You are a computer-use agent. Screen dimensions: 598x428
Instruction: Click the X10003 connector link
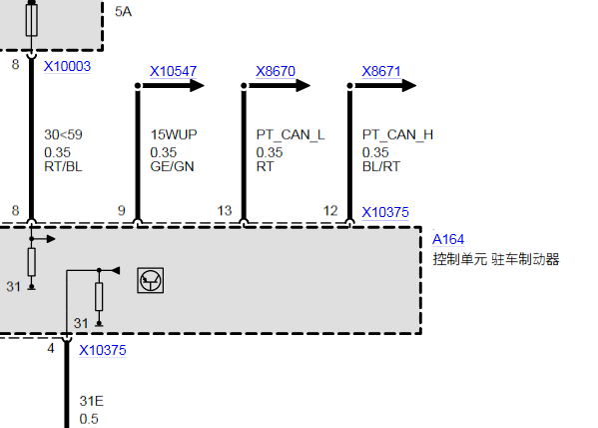(67, 66)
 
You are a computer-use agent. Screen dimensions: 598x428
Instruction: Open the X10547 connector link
(173, 71)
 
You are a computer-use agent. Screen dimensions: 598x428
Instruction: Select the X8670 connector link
(276, 71)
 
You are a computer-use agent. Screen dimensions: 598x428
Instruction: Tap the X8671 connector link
(381, 71)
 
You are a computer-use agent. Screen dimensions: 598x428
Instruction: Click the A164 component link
(448, 239)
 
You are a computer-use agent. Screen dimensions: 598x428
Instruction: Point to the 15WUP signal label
(174, 135)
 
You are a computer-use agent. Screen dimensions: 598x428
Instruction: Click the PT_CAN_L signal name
(291, 135)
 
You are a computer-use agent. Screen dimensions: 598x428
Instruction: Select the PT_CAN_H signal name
(397, 135)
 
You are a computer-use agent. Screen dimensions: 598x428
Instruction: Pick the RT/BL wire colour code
(63, 167)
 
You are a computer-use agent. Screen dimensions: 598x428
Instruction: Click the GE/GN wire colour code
(172, 167)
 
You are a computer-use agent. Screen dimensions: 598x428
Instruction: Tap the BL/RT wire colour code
(381, 167)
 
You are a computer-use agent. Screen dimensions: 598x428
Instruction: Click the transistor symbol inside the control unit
(151, 280)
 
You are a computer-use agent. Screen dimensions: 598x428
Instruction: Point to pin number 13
(225, 211)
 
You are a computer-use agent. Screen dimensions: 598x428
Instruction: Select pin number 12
(330, 211)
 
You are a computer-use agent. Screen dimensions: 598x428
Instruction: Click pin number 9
(121, 211)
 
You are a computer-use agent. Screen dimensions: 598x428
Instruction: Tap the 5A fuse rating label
(123, 11)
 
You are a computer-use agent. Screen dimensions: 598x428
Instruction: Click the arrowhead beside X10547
(198, 85)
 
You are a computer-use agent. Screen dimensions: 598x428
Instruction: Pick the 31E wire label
(92, 401)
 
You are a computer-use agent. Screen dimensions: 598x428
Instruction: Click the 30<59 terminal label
(63, 135)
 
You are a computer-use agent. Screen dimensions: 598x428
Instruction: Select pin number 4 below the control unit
(51, 349)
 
